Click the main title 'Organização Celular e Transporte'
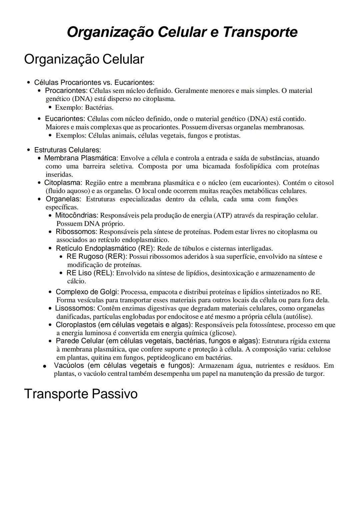pyautogui.click(x=182, y=32)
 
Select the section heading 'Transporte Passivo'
pyautogui.click(x=81, y=394)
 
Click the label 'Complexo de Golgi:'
pyautogui.click(x=87, y=292)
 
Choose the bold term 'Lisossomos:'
pyautogui.click(x=75, y=309)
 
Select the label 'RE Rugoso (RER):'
pyautogui.click(x=97, y=257)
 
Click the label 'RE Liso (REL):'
pyautogui.click(x=90, y=273)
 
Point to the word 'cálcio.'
pyautogui.click(x=77, y=281)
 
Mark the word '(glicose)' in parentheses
pyautogui.click(x=223, y=333)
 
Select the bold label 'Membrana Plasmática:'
pyautogui.click(x=81, y=158)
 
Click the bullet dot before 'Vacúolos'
pyautogui.click(x=44, y=366)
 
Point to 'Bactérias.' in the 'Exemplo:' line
pyautogui.click(x=99, y=108)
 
